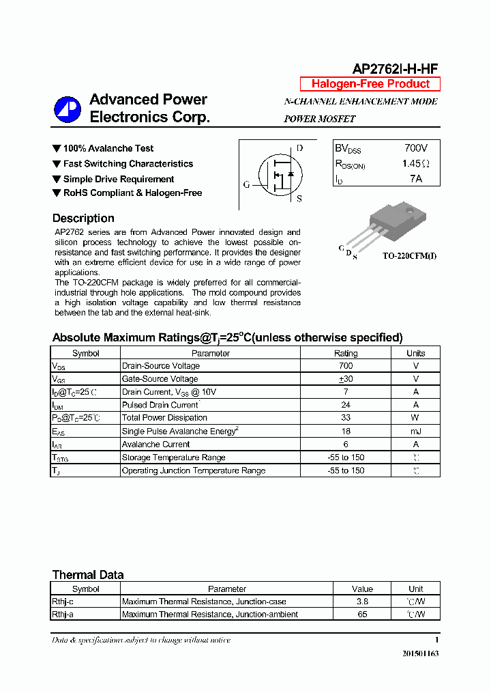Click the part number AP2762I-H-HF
click(395, 68)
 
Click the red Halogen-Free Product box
click(370, 84)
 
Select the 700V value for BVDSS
click(415, 148)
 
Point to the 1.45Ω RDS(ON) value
click(415, 164)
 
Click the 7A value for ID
click(415, 179)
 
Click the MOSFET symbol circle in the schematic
click(278, 175)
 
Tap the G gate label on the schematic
click(246, 184)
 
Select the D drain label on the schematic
click(299, 148)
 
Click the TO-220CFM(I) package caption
click(409, 255)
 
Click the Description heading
click(83, 218)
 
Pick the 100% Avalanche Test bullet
click(108, 148)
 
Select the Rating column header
click(345, 353)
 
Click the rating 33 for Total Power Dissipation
click(345, 418)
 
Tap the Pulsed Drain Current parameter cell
click(160, 405)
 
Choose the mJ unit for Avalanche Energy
click(415, 431)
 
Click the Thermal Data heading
click(88, 575)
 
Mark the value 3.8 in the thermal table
click(362, 602)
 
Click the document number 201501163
click(420, 654)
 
